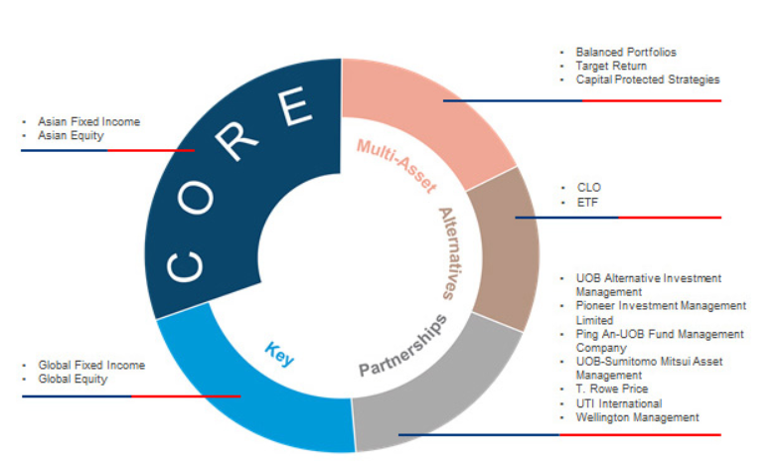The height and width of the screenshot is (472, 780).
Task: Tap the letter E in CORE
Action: pos(297,106)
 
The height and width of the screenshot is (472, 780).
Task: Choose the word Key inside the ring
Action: pos(279,353)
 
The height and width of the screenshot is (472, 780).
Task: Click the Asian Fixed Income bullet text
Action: pos(88,122)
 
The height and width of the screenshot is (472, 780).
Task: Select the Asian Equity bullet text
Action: pos(71,135)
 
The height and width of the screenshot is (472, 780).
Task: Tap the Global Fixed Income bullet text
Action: pos(91,366)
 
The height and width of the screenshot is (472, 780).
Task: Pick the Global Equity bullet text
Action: pos(73,379)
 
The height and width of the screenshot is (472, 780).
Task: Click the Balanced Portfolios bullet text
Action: pos(626,52)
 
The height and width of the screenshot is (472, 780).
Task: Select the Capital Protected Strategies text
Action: pos(648,79)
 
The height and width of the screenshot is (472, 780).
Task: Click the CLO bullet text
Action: pos(588,187)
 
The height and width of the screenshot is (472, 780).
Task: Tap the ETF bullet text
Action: pos(587,202)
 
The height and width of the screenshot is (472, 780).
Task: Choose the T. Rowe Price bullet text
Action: pos(611,391)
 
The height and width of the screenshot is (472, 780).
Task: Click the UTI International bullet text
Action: pos(618,404)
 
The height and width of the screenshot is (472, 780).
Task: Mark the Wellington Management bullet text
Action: pos(637,418)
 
